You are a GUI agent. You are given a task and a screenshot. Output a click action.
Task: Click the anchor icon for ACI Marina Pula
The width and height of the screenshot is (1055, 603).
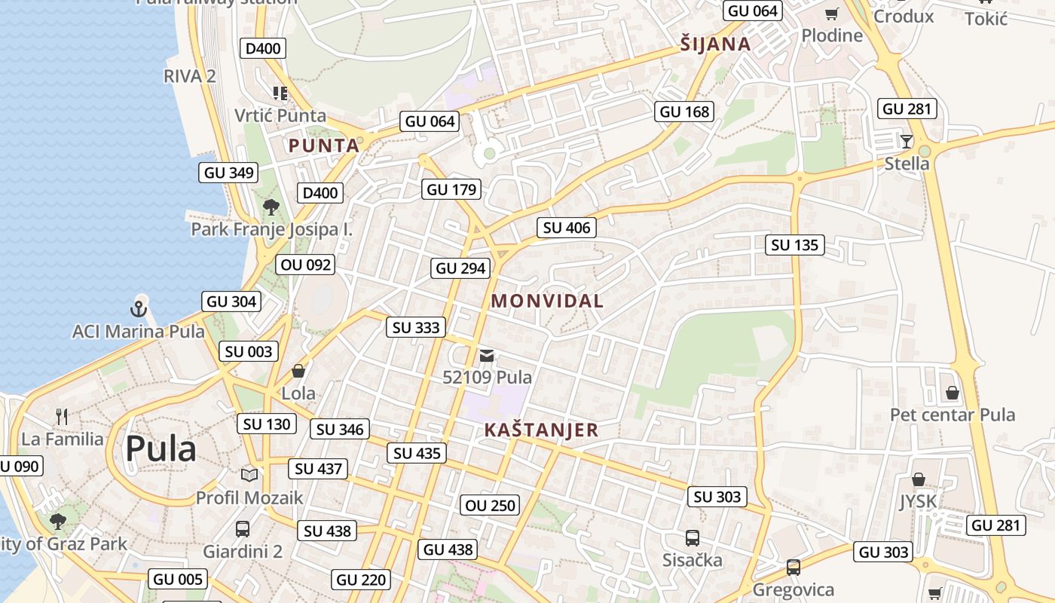pos(138,308)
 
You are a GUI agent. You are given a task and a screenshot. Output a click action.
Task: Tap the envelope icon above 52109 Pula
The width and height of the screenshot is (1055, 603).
pos(487,355)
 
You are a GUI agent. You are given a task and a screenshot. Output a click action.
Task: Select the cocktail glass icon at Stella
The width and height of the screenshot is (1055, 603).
pos(906,141)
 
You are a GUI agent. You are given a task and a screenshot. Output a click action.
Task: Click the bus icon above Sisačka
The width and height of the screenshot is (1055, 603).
pos(692,538)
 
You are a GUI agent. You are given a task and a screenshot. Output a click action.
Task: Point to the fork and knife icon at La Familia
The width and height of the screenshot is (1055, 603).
pos(62,416)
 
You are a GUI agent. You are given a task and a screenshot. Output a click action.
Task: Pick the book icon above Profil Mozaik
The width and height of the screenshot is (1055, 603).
pos(249,475)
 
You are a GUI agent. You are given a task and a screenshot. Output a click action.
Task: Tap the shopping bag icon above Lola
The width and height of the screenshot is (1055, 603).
pos(298,371)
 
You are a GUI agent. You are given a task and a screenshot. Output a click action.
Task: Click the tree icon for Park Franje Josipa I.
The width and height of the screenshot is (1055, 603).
pos(271,207)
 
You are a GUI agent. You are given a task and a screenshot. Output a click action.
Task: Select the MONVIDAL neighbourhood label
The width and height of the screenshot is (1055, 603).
pos(547,301)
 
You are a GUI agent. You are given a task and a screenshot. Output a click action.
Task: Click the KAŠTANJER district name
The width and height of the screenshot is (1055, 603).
pos(541,430)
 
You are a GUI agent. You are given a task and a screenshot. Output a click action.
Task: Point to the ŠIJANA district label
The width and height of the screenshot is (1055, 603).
pos(715,44)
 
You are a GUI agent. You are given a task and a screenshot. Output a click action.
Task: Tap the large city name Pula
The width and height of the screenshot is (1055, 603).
pos(161,449)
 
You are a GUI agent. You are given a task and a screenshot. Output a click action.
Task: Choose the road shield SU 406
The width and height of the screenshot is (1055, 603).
pos(567,228)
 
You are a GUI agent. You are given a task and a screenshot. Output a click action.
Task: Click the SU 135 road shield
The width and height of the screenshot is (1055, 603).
pos(795,245)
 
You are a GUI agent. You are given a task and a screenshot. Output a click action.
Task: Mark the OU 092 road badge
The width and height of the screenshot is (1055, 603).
pos(305,265)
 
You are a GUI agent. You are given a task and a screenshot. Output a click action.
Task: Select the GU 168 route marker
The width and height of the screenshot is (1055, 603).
pos(684,112)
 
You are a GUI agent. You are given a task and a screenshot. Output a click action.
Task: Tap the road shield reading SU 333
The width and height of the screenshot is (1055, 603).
pos(417,327)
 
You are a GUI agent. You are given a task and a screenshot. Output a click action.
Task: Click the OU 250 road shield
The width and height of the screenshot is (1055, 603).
pos(491,505)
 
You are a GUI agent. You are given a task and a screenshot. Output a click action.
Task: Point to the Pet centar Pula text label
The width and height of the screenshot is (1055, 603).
pos(953,415)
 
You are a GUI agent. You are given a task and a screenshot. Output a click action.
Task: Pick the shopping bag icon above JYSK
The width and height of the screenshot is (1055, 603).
pos(918,479)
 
